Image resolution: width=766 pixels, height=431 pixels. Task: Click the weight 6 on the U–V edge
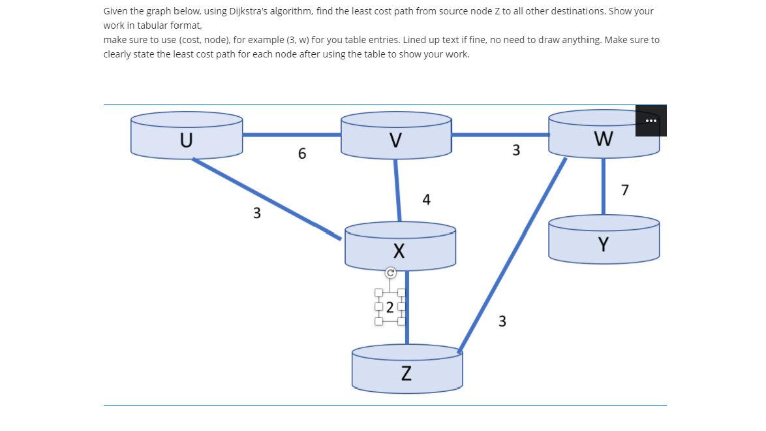[301, 154]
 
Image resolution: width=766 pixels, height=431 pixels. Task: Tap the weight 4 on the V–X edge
[426, 200]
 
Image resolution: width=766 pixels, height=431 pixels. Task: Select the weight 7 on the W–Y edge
[625, 190]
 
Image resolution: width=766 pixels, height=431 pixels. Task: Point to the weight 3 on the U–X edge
[256, 213]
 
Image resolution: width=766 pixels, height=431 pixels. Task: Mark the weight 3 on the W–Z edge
[502, 321]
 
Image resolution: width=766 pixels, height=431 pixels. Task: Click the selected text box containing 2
[390, 307]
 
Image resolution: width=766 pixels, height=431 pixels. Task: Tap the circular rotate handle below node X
[390, 273]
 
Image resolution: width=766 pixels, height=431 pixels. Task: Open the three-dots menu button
[651, 121]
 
